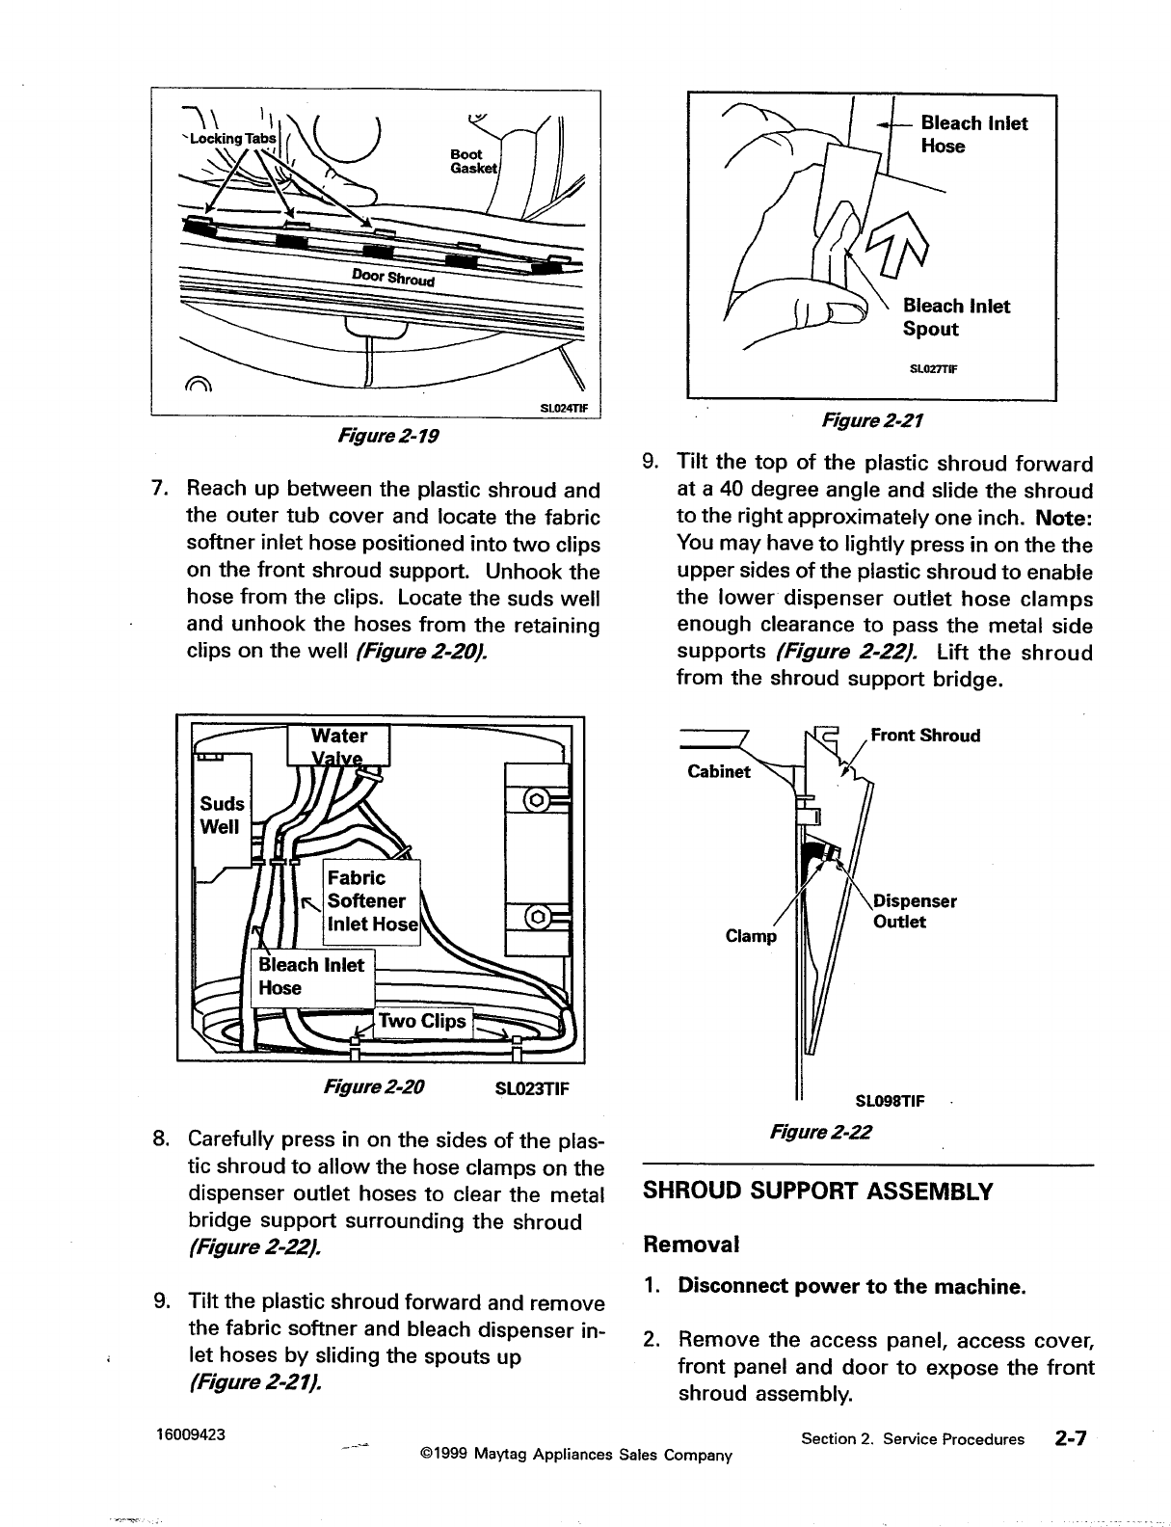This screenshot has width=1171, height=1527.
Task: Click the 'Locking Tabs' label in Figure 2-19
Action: (232, 138)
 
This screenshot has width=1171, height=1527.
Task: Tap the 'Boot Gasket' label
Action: (471, 161)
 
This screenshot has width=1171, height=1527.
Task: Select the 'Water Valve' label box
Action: (339, 745)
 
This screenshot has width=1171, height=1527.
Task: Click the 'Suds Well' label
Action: (221, 815)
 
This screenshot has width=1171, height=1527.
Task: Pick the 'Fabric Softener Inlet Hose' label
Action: (372, 901)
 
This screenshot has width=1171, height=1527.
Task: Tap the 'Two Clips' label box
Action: (423, 1021)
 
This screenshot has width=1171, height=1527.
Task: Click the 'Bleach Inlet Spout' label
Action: (955, 317)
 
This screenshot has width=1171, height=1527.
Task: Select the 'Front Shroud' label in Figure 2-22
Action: (924, 736)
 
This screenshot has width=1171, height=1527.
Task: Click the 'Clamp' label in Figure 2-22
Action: (751, 936)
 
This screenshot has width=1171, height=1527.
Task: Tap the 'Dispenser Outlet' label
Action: (913, 911)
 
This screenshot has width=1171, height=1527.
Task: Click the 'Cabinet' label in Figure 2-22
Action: (718, 771)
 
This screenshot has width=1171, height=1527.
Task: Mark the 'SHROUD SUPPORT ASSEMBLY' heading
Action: (817, 1191)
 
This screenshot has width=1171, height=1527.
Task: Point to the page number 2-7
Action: (1070, 1438)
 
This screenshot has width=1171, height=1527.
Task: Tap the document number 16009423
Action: (191, 1433)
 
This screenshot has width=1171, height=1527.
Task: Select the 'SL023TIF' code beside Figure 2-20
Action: (531, 1089)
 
